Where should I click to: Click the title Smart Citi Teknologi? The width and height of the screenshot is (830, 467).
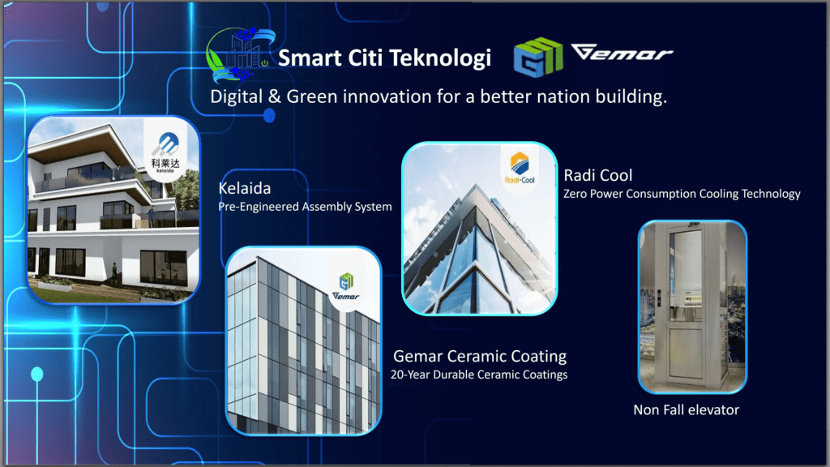pyautogui.click(x=384, y=58)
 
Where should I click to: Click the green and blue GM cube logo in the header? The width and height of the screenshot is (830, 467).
pyautogui.click(x=538, y=57)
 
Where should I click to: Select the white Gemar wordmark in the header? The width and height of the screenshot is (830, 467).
pyautogui.click(x=622, y=52)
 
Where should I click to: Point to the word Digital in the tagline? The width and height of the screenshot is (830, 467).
pyautogui.click(x=237, y=96)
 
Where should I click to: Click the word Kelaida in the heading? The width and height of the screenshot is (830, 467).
pyautogui.click(x=245, y=188)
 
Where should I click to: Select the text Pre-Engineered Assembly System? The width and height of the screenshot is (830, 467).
pyautogui.click(x=305, y=207)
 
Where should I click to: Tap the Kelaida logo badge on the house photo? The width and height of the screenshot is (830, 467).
pyautogui.click(x=165, y=151)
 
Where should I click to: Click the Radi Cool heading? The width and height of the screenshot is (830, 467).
pyautogui.click(x=597, y=175)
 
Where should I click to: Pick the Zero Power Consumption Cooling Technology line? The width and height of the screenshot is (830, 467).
pyautogui.click(x=682, y=194)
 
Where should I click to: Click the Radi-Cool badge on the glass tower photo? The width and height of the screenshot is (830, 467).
pyautogui.click(x=520, y=167)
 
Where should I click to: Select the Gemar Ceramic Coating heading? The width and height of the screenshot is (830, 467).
pyautogui.click(x=480, y=356)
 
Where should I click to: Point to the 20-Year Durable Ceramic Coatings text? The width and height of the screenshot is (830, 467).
pyautogui.click(x=479, y=375)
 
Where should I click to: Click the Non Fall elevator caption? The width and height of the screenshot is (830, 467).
pyautogui.click(x=686, y=409)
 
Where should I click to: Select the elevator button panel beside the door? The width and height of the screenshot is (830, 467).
pyautogui.click(x=660, y=299)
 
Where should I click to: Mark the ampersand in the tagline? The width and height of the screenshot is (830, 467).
pyautogui.click(x=274, y=96)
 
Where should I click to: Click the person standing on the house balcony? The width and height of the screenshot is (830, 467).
pyautogui.click(x=152, y=216)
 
